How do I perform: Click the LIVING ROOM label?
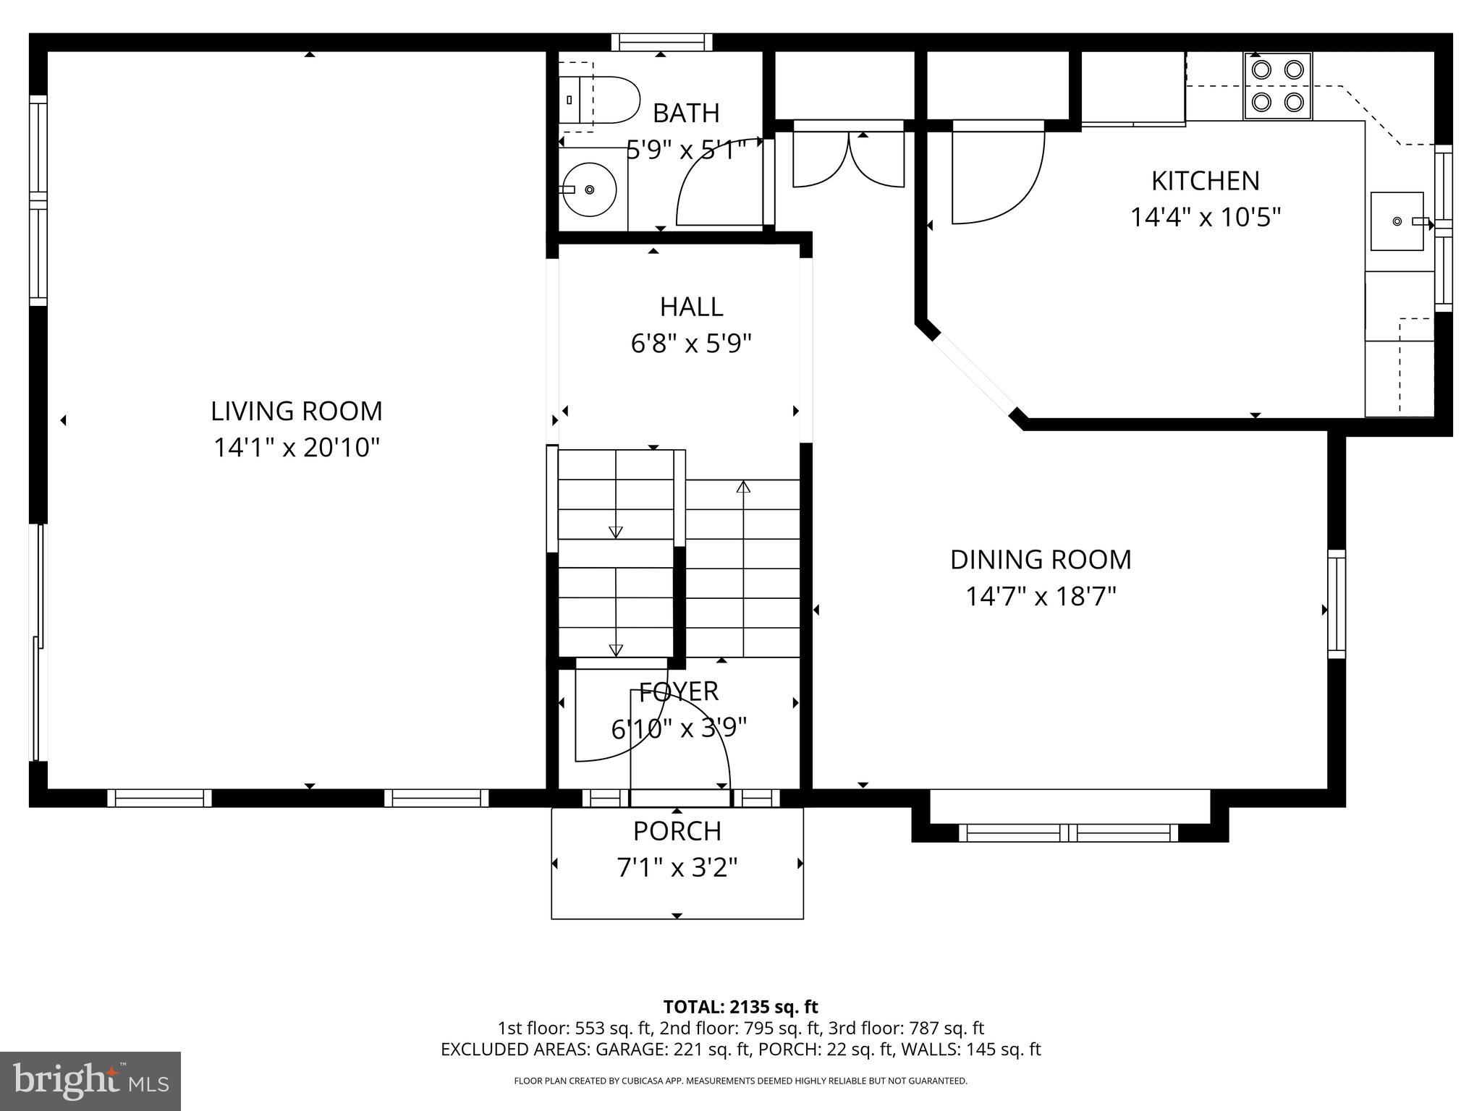(296, 411)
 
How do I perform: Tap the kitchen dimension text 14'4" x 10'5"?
(1206, 217)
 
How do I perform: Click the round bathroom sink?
(589, 190)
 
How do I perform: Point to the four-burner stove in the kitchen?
(1277, 86)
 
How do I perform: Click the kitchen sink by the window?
(1397, 221)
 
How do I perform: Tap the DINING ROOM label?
(1041, 559)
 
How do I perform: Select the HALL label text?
(691, 307)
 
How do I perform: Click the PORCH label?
(677, 831)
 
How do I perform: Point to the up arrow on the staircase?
(742, 488)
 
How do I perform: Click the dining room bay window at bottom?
(1069, 833)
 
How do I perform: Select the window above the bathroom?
(661, 43)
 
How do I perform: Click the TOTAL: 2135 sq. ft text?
(740, 1007)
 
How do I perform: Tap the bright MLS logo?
(90, 1081)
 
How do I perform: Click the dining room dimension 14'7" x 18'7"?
(1041, 597)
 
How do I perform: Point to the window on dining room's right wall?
(1337, 604)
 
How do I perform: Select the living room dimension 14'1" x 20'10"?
(296, 448)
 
